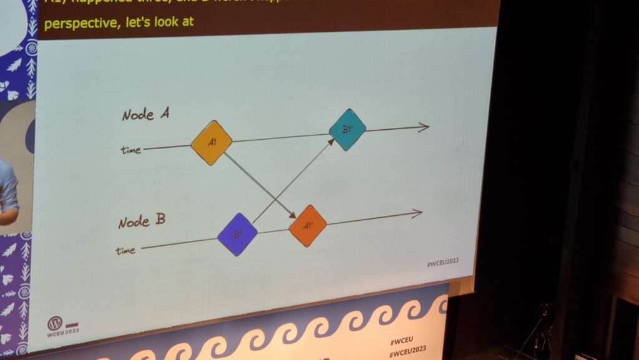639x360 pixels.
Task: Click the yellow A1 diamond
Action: click(x=212, y=143)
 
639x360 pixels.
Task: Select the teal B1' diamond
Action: click(x=347, y=130)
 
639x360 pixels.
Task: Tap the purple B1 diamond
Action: click(x=238, y=235)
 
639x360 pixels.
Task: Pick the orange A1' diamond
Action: click(x=308, y=225)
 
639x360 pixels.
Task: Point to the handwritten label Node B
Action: click(x=143, y=221)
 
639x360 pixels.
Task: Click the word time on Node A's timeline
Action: click(x=131, y=150)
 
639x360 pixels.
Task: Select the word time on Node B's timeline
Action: click(x=126, y=250)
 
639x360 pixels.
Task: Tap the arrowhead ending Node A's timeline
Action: click(x=424, y=127)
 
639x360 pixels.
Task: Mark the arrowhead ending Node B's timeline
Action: click(x=417, y=213)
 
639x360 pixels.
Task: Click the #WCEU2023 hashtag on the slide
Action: click(x=442, y=263)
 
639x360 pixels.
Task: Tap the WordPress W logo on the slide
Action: click(x=54, y=323)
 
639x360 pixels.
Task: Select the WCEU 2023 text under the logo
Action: click(x=62, y=334)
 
